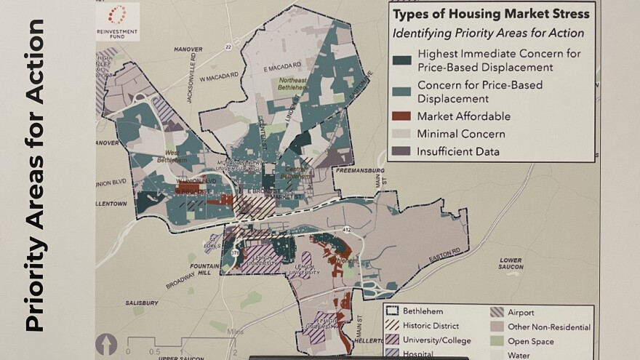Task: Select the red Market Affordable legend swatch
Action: (x=401, y=116)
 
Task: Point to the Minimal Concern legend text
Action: (x=461, y=135)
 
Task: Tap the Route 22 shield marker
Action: (x=228, y=47)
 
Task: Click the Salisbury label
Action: (x=140, y=303)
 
